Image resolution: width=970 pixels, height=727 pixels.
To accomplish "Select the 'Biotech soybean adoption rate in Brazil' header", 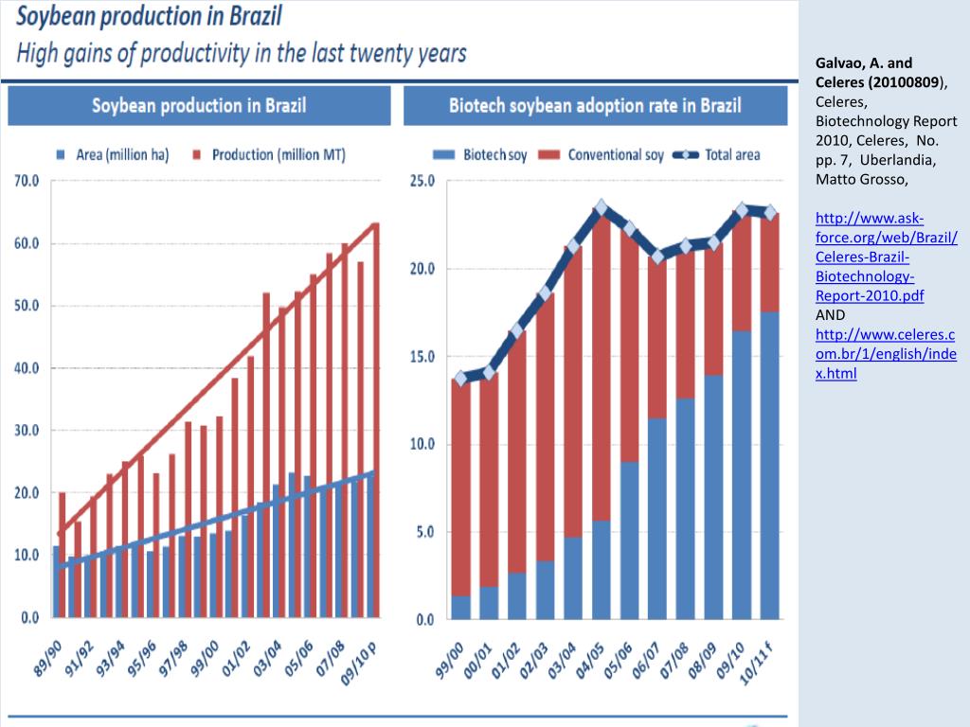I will click(595, 105).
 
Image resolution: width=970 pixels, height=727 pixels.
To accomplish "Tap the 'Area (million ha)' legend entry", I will click(116, 154).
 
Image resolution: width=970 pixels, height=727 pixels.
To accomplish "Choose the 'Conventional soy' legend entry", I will click(606, 154).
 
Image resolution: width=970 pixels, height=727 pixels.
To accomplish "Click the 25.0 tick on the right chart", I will click(422, 180).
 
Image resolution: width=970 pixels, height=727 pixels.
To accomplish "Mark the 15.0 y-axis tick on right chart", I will click(422, 356).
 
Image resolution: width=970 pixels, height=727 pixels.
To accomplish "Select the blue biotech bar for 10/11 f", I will click(769, 464).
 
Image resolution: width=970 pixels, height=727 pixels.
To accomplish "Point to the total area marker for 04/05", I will click(602, 207).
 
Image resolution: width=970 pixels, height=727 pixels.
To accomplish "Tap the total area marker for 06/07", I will click(657, 256).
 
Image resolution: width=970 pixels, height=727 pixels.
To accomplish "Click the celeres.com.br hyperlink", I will click(885, 354).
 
